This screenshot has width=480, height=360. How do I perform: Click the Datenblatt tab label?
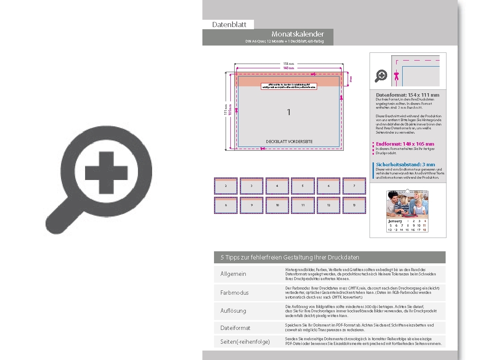(229, 25)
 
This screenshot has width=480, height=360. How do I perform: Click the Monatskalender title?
(297, 34)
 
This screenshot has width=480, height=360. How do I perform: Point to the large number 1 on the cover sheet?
(289, 112)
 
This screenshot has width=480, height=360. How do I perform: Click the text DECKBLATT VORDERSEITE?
(289, 142)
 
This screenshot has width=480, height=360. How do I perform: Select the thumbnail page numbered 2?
(226, 186)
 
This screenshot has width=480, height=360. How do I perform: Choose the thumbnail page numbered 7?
(354, 186)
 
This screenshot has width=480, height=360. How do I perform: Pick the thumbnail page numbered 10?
(277, 205)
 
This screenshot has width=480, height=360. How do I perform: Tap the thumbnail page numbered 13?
(354, 205)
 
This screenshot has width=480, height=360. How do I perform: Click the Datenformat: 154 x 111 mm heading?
(407, 95)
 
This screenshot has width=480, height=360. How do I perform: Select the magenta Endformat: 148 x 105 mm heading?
(405, 144)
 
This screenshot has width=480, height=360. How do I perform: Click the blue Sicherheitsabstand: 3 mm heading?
(405, 165)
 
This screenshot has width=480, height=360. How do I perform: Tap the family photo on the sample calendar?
(407, 205)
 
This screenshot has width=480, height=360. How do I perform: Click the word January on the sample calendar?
(395, 221)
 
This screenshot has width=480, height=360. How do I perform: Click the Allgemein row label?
(233, 274)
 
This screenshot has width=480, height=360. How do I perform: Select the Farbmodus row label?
(234, 293)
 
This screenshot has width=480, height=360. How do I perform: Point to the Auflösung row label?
(233, 311)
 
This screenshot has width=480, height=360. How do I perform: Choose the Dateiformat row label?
(235, 328)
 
